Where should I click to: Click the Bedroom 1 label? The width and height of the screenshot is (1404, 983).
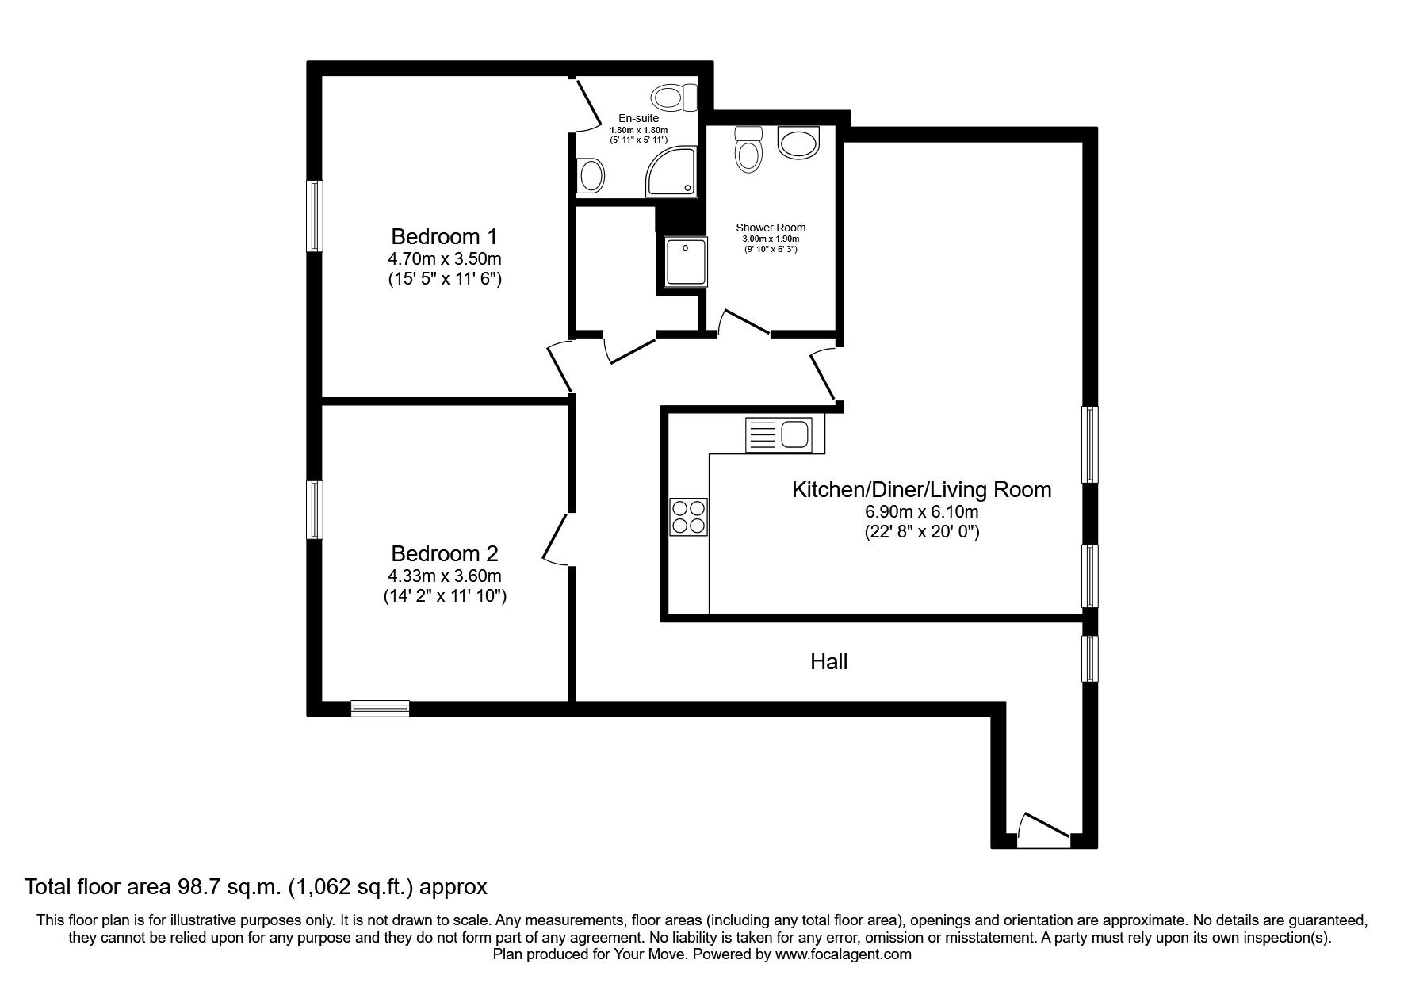click(x=444, y=236)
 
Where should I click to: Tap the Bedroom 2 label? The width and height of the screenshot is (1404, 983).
click(x=444, y=553)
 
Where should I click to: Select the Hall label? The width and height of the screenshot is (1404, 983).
click(x=828, y=661)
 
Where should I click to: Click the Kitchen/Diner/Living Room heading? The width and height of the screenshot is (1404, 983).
click(x=921, y=489)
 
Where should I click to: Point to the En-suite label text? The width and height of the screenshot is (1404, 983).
click(x=638, y=119)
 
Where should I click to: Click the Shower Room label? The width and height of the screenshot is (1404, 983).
click(x=770, y=228)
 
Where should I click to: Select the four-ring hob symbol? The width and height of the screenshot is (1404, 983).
click(x=688, y=516)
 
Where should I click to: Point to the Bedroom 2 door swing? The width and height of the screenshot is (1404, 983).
click(x=557, y=539)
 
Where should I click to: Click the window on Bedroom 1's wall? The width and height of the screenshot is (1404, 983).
click(x=316, y=216)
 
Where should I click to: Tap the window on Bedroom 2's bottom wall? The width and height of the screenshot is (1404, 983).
click(x=380, y=709)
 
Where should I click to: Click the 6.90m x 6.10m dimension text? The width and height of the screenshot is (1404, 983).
click(x=921, y=513)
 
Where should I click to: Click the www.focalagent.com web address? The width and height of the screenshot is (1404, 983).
click(x=843, y=954)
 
